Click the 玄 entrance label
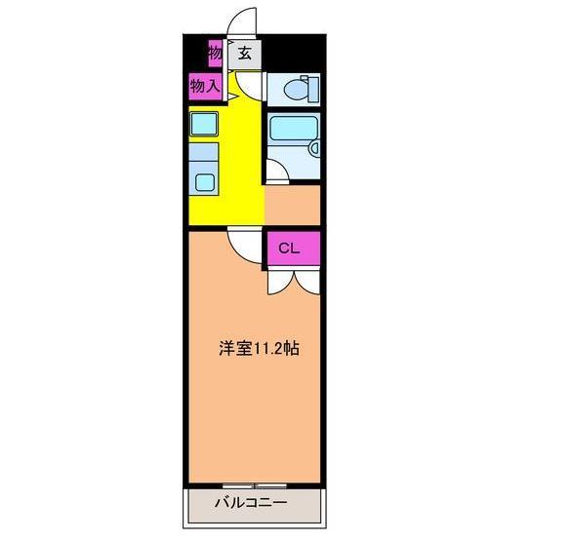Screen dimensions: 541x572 click(244, 54)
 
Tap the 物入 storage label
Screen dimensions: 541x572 click(203, 87)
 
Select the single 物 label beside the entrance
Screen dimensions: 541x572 click(215, 52)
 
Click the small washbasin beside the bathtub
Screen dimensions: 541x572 click(314, 148)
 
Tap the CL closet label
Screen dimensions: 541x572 click(289, 248)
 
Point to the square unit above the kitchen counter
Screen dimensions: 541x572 click(204, 124)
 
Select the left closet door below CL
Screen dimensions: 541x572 click(277, 281)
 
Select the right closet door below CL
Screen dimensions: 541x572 click(306, 281)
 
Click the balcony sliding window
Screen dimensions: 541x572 click(253, 483)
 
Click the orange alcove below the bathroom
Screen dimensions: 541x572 click(293, 206)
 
